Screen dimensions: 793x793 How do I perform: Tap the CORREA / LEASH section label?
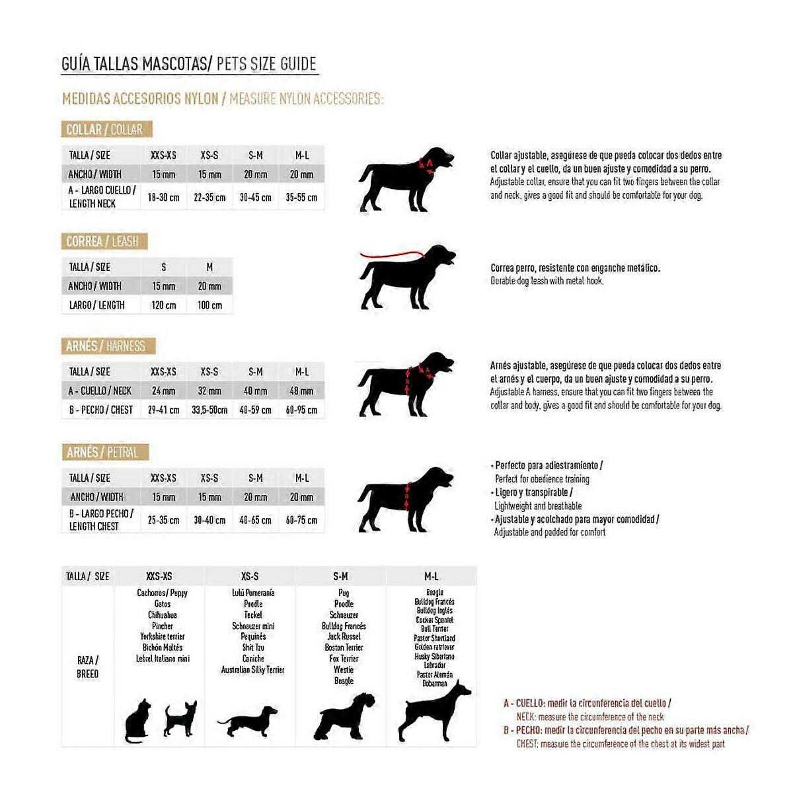pos(102,241)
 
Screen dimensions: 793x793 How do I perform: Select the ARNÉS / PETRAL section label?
pos(103,453)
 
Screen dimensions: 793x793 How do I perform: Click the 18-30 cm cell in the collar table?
pos(163,198)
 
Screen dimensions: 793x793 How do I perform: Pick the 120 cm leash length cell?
pos(163,305)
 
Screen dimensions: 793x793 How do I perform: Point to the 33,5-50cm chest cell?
pos(209,410)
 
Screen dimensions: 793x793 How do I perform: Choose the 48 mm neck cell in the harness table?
pos(301,391)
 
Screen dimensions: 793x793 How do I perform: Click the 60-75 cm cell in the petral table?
pos(301,521)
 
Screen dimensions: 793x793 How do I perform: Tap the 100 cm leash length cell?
pos(209,305)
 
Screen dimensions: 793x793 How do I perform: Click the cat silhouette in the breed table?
pos(137,721)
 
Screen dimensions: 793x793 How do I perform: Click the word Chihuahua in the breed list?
pos(162,615)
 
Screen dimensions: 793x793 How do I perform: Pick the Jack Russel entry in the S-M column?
pos(344,637)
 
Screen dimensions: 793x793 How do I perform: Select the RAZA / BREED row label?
pos(87,667)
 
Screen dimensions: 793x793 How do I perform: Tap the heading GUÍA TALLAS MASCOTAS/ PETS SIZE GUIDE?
pos(189,64)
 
